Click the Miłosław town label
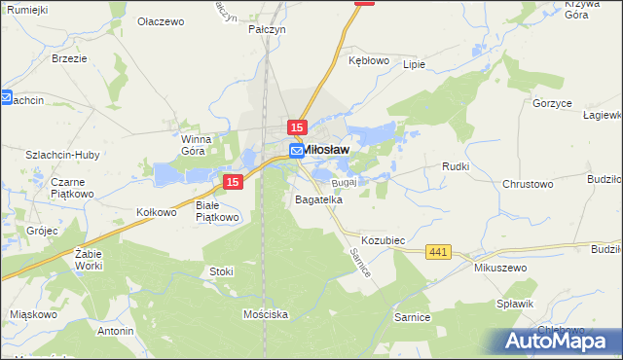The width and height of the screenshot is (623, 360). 326,151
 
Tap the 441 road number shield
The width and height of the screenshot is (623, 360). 438,253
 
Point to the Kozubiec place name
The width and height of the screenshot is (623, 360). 383,239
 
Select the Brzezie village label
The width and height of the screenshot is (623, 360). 69,58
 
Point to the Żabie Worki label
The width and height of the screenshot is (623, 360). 88,259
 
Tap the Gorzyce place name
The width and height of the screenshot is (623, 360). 552,102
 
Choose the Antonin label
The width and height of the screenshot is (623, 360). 115,331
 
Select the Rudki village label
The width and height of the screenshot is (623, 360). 456,166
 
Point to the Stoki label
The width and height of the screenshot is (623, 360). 220,270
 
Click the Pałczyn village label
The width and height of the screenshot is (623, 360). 266,30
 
